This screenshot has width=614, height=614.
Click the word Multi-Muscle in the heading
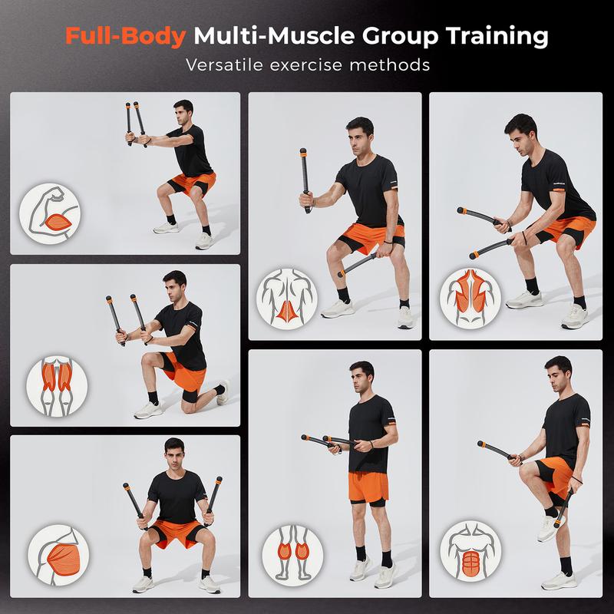[x=262, y=35]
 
